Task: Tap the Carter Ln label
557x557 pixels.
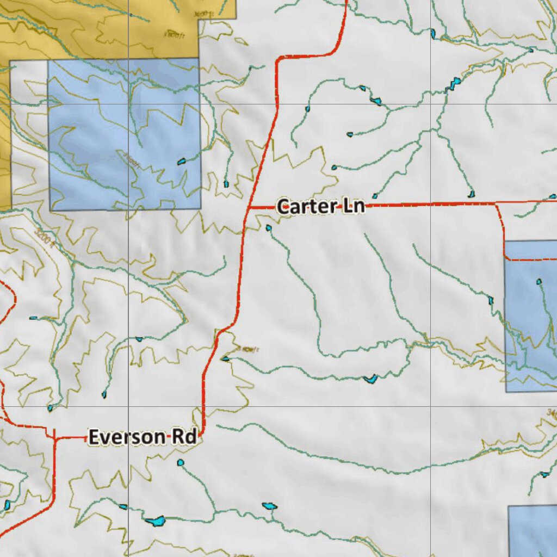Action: tap(320, 207)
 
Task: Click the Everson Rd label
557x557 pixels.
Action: tap(143, 437)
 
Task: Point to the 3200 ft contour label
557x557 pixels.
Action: tap(45, 238)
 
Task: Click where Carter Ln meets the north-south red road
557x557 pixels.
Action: tap(248, 207)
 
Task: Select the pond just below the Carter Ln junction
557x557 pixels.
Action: tap(268, 228)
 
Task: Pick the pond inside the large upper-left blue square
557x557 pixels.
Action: tap(182, 161)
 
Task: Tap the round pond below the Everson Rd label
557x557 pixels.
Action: tap(181, 463)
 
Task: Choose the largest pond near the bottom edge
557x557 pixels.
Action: tap(155, 521)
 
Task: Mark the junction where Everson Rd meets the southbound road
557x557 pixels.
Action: tap(54, 437)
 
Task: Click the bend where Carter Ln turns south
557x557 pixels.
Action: tap(496, 205)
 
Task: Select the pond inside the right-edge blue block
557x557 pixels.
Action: tap(539, 282)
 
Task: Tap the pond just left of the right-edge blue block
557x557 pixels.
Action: tap(491, 300)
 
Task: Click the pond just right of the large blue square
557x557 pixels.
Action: tap(226, 184)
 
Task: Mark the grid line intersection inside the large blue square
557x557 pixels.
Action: tap(129, 104)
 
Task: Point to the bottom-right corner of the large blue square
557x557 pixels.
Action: tap(200, 209)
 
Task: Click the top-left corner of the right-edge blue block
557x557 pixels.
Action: tap(505, 241)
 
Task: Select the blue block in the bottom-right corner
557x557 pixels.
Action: tap(533, 530)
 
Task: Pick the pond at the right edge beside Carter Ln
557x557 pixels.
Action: tap(553, 196)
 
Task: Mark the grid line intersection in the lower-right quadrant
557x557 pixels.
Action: tap(431, 406)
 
